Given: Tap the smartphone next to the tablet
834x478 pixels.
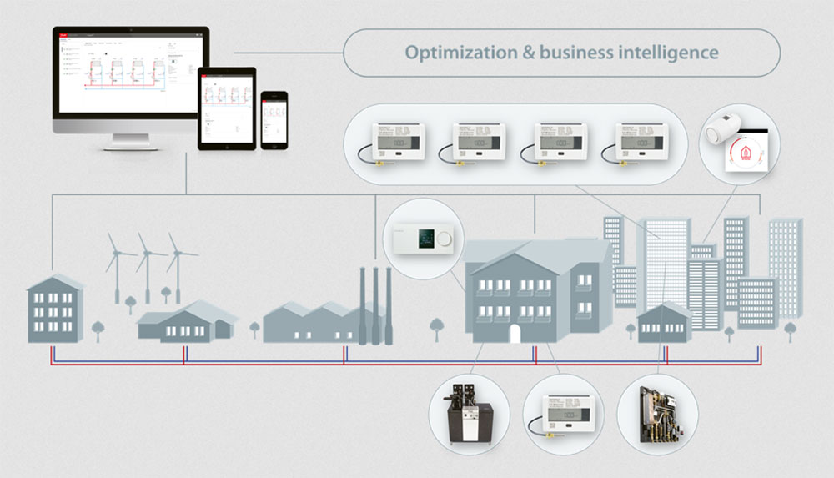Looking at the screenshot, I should pos(274,120).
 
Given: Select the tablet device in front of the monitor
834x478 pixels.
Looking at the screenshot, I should pos(226,108).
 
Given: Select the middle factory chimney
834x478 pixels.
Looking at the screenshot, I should pos(375,304).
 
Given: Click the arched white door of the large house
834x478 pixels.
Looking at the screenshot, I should pos(515,333).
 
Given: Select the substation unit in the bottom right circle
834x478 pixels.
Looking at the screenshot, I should pos(658,414).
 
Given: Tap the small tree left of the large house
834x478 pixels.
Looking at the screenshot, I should pos(435,325).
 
